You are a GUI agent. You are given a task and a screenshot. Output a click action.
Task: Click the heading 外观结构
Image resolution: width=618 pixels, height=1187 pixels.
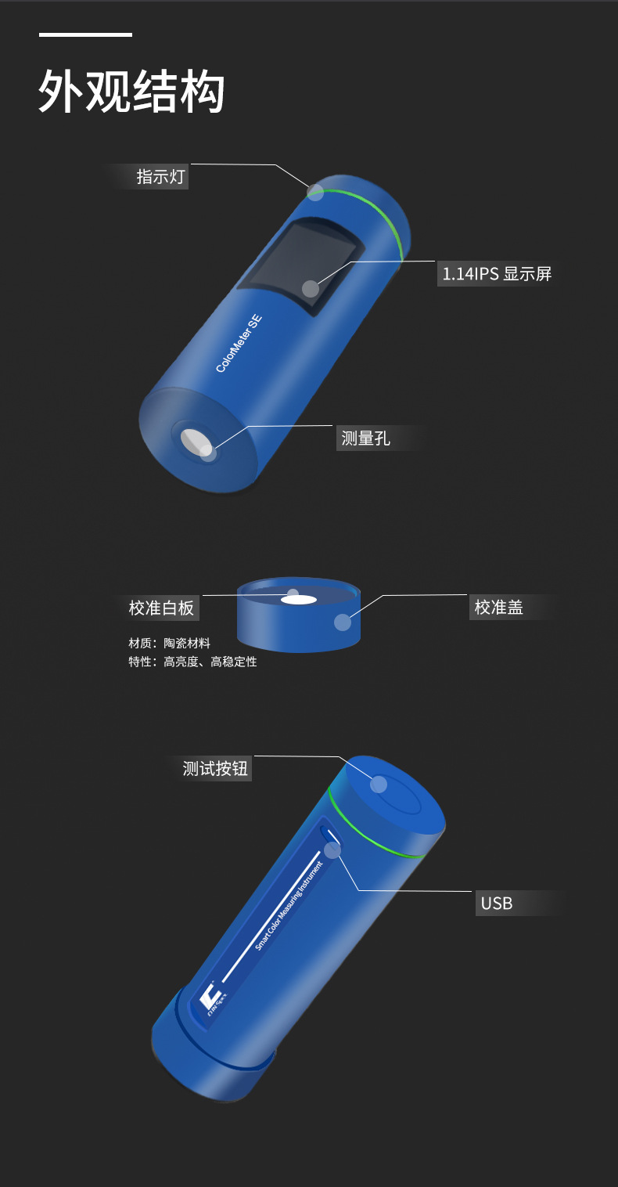pos(131,92)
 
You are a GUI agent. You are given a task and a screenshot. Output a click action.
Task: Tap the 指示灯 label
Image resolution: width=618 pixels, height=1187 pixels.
pos(160,176)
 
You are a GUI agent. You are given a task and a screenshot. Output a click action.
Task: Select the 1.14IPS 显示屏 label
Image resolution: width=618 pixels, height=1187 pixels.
pos(497,273)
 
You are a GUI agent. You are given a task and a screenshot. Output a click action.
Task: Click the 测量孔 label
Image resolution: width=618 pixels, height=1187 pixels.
pos(365,438)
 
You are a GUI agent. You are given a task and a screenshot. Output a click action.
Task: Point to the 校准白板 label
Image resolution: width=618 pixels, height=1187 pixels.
pos(161,608)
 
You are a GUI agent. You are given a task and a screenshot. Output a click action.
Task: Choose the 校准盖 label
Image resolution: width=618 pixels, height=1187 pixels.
pos(498,607)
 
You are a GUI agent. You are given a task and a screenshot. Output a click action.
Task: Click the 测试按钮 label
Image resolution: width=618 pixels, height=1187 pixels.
pos(215,768)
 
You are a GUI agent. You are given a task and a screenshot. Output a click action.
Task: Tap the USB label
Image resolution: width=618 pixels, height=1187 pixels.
pos(496,903)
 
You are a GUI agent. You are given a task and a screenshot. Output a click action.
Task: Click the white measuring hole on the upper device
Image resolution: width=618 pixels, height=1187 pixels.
pos(196,442)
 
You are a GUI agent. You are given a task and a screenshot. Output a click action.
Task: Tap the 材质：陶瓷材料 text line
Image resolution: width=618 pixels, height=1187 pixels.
pos(170,643)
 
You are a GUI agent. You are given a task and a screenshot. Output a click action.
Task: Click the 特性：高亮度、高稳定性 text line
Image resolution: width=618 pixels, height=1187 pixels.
pos(192,662)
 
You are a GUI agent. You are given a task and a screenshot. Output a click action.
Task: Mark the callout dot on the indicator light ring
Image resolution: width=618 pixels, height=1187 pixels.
pos(315,192)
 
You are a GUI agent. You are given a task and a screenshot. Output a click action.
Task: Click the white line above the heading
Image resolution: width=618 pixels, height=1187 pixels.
pos(85,34)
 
